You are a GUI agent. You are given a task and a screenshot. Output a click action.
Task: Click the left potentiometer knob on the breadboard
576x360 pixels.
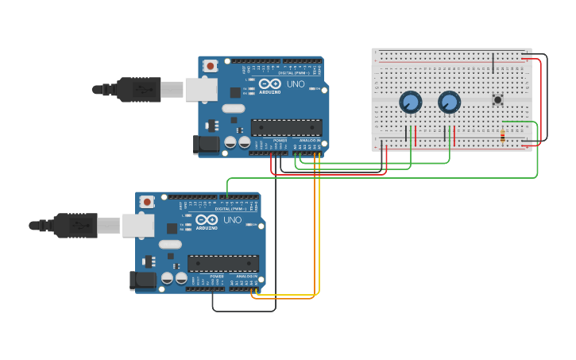(410, 102)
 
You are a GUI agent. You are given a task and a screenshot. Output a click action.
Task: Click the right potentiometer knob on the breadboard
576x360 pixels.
(449, 102)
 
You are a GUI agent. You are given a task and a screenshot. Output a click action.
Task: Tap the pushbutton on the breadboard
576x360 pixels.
(498, 99)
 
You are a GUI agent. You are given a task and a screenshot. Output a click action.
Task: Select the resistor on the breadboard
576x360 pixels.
(502, 135)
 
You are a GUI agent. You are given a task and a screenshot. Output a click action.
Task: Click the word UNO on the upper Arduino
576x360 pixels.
(295, 83)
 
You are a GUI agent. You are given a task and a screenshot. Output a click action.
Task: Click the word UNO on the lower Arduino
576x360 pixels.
(232, 220)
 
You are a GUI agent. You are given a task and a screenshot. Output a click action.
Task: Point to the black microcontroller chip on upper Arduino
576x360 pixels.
(286, 127)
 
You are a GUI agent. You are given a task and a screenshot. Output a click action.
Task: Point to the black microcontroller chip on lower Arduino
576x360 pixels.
(223, 263)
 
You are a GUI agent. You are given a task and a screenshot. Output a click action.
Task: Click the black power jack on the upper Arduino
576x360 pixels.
(206, 144)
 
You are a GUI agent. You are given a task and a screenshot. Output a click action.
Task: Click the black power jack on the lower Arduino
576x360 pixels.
(142, 281)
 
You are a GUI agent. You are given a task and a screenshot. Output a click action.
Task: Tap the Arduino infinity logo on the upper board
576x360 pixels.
(270, 83)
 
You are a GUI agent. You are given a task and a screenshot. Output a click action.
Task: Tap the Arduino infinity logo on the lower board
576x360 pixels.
(207, 220)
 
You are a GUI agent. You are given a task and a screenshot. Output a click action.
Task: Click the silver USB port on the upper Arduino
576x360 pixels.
(201, 89)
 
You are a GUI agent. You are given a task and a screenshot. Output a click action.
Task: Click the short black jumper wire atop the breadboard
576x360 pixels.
(493, 64)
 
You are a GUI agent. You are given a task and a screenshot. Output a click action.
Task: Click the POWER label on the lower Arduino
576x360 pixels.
(217, 277)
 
